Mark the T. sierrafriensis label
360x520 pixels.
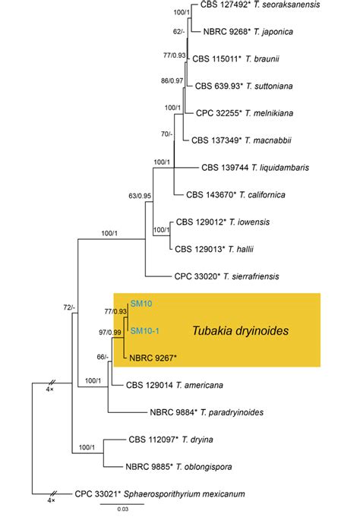click(238, 276)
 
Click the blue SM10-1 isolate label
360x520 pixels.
click(144, 330)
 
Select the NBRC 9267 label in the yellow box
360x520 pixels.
click(152, 358)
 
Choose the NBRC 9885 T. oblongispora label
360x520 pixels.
click(193, 467)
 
